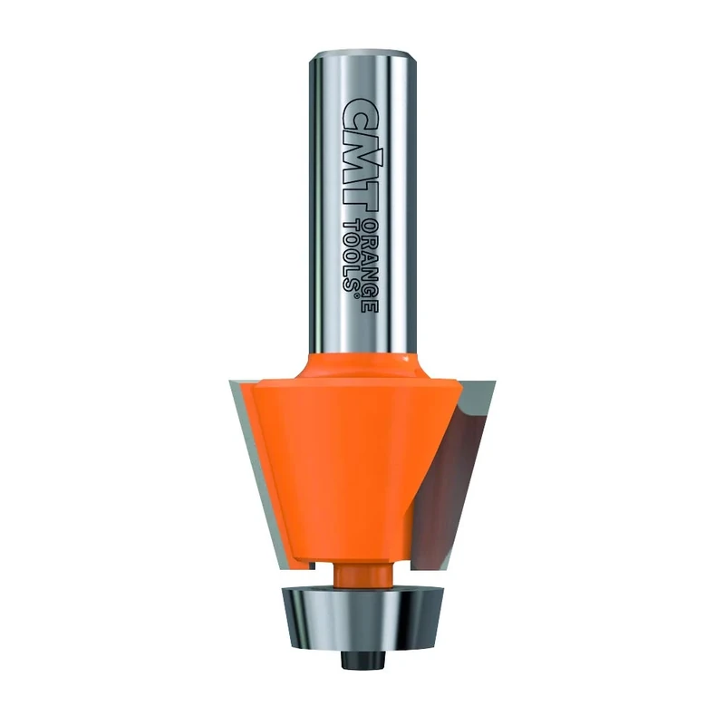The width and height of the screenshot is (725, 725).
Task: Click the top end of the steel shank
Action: pos(362,56)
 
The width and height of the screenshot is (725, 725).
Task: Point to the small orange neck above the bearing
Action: pos(362,573)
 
